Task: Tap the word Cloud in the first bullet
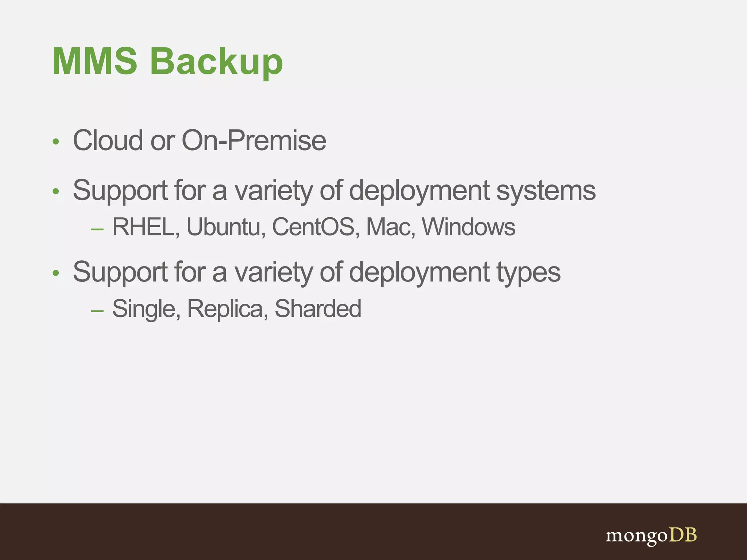point(108,140)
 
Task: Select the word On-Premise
point(254,140)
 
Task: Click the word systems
point(546,191)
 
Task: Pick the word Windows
point(469,227)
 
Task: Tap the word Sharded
point(318,309)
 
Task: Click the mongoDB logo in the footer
point(651,536)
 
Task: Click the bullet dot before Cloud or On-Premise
point(55,141)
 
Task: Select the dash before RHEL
point(97,229)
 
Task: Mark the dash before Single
point(97,311)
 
